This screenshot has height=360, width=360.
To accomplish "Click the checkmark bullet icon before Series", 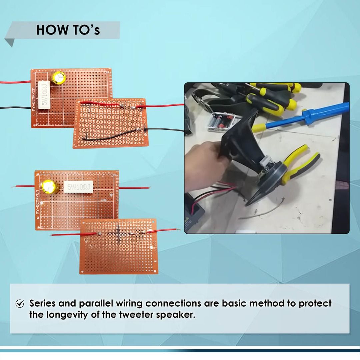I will [20, 304].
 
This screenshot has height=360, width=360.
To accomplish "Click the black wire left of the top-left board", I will [15, 108].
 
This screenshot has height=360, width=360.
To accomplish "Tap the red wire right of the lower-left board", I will [133, 188].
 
